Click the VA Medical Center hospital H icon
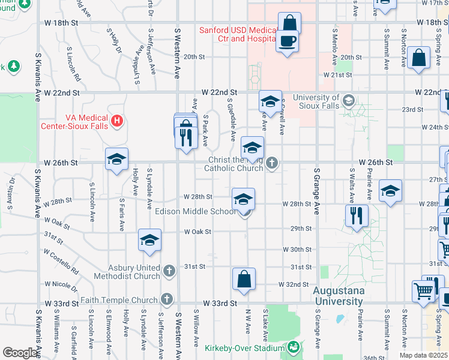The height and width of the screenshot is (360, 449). (x=117, y=121)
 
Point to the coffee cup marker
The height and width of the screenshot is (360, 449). (x=288, y=41)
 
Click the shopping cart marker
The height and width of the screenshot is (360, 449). (x=423, y=292)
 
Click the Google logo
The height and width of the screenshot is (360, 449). (x=20, y=352)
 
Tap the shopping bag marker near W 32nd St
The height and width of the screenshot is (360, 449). (x=244, y=280)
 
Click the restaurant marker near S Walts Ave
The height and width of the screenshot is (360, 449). (x=357, y=215)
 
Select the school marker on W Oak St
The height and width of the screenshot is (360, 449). (x=149, y=241)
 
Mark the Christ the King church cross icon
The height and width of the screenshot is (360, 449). (x=272, y=163)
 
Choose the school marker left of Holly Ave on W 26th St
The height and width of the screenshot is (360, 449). (x=117, y=159)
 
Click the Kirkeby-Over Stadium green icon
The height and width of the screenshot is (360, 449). (x=293, y=347)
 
